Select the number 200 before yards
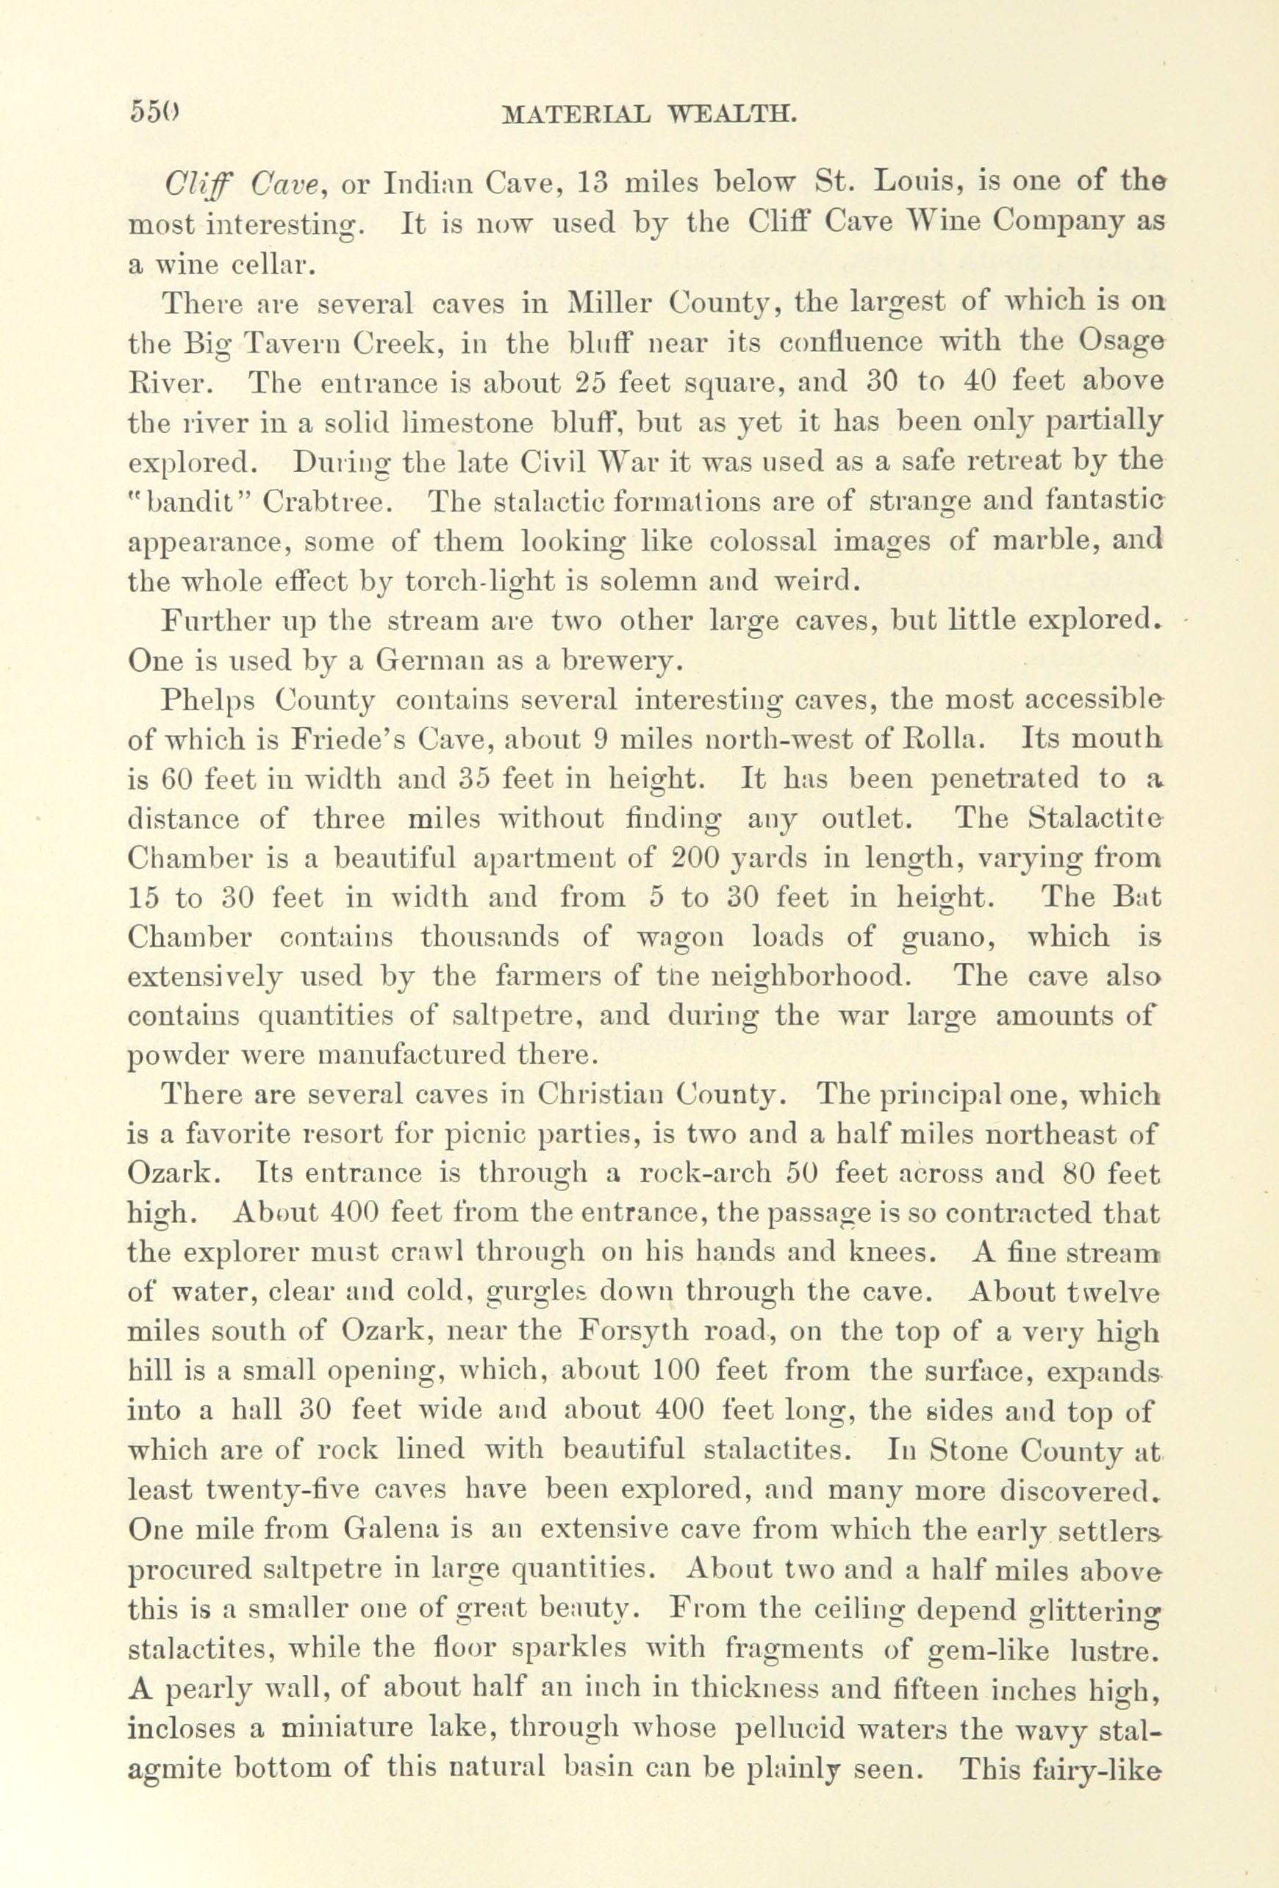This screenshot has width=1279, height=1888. [x=696, y=858]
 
